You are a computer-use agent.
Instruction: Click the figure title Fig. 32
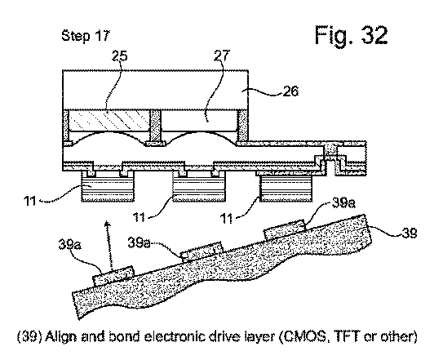pyautogui.click(x=351, y=35)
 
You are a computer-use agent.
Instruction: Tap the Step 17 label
pyautogui.click(x=86, y=36)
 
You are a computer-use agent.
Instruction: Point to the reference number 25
pyautogui.click(x=120, y=56)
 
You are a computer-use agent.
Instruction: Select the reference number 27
pyautogui.click(x=222, y=56)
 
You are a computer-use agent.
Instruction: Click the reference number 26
pyautogui.click(x=290, y=91)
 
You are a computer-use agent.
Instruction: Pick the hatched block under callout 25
pyautogui.click(x=109, y=121)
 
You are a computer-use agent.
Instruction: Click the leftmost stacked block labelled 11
pyautogui.click(x=108, y=186)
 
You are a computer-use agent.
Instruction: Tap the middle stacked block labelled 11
pyautogui.click(x=199, y=186)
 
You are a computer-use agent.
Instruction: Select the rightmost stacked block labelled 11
pyautogui.click(x=286, y=188)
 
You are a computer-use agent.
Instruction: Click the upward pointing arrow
pyautogui.click(x=109, y=245)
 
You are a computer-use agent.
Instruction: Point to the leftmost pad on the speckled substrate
pyautogui.click(x=113, y=276)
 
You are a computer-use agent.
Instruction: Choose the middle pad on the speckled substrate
pyautogui.click(x=202, y=251)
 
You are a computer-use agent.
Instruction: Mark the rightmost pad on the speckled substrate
pyautogui.click(x=285, y=229)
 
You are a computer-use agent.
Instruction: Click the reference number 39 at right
pyautogui.click(x=409, y=233)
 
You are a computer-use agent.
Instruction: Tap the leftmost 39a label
pyautogui.click(x=70, y=244)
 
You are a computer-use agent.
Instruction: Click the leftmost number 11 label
pyautogui.click(x=30, y=201)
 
